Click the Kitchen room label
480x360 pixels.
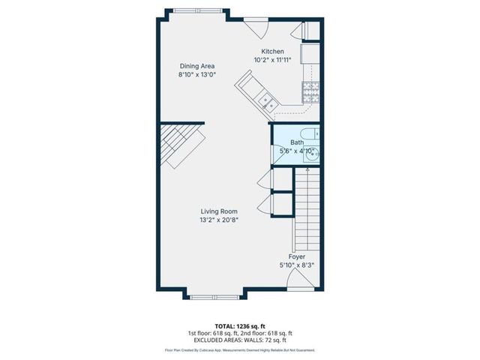click(272, 51)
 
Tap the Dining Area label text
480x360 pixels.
click(196, 66)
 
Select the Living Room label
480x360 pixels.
click(219, 211)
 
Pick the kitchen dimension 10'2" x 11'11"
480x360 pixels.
click(272, 60)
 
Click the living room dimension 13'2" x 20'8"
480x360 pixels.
click(219, 220)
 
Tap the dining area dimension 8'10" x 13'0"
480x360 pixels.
click(196, 75)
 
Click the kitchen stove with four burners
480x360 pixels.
click(310, 93)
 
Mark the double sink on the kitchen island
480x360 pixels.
click(266, 98)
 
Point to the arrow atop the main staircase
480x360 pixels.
click(307, 171)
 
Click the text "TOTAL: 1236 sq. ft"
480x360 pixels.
click(239, 325)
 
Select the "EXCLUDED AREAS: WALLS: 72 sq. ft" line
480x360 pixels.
click(239, 340)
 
